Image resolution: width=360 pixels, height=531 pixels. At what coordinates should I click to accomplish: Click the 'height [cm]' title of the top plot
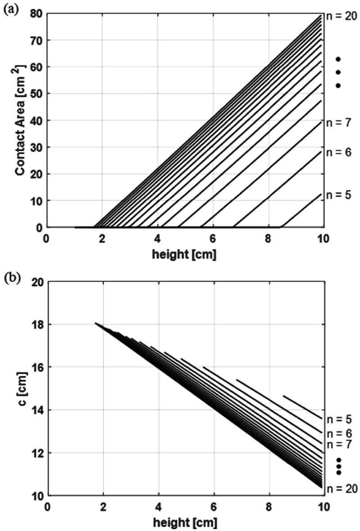pos(184,254)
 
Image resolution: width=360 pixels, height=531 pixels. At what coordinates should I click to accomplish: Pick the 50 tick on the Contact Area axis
pos(36,94)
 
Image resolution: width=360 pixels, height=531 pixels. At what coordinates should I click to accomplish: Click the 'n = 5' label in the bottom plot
pos(340,419)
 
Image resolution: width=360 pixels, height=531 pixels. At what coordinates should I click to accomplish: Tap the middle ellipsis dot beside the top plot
pos(338,72)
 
